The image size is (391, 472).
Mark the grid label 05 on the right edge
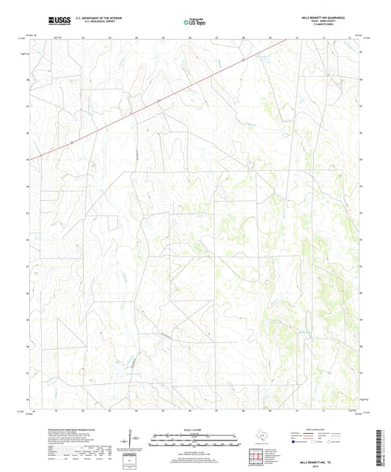point(360,159)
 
